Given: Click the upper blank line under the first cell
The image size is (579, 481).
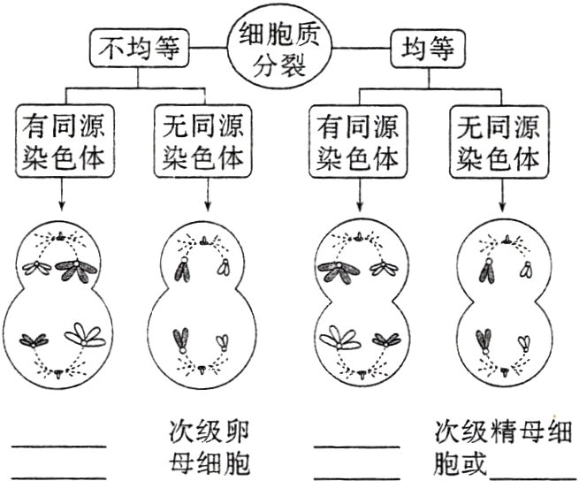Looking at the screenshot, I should [x=58, y=446].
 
